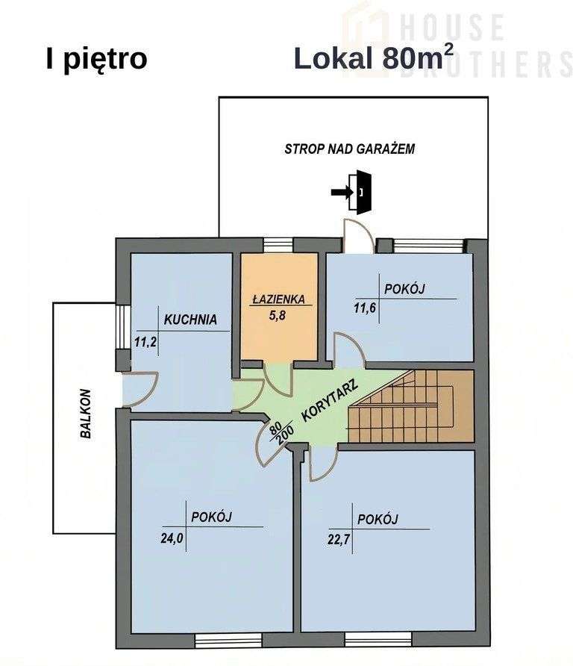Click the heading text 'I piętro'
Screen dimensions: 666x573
coord(96,59)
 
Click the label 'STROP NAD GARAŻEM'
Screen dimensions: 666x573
coord(349,149)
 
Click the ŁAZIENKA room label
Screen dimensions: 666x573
coord(278,299)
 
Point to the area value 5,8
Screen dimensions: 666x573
coord(278,315)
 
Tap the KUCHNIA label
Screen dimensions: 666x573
coord(190,320)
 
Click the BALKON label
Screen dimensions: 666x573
coord(86,413)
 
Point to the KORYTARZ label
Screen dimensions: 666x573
coord(331,402)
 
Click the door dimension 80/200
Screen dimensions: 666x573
coord(281,433)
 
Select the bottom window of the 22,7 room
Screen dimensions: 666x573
coord(378,640)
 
